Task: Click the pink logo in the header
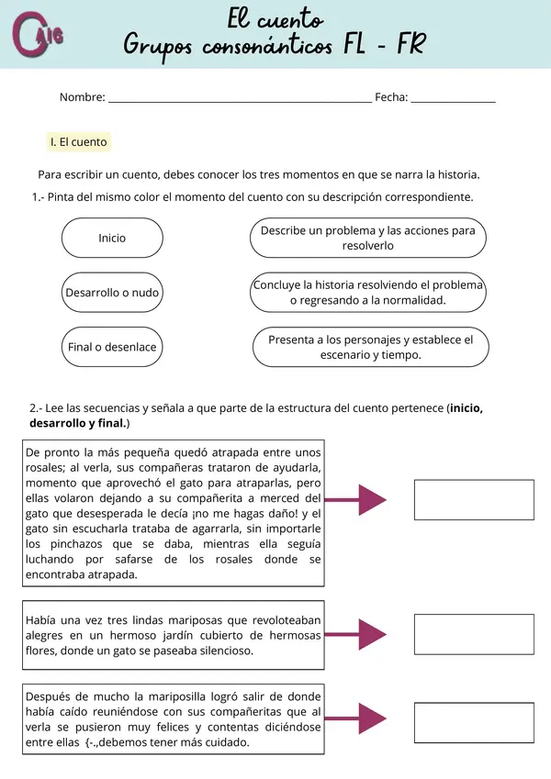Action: (38, 35)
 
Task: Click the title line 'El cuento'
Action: (275, 19)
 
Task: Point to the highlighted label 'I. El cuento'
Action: (79, 142)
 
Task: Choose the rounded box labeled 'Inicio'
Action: (112, 238)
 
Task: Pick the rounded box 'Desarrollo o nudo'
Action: (112, 293)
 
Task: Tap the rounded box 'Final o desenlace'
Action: (112, 347)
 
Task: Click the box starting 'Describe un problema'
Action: (367, 239)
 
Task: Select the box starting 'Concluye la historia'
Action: (367, 293)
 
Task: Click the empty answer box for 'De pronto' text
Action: (474, 500)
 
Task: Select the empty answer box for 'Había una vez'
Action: (474, 634)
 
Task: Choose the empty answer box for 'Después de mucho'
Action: (474, 722)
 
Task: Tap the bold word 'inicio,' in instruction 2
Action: (467, 408)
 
